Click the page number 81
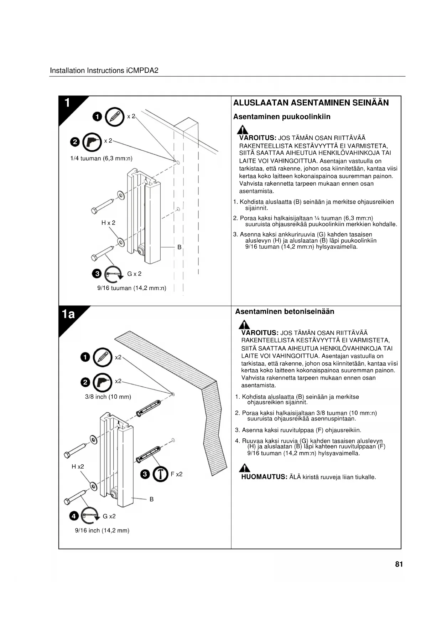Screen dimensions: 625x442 click(399, 564)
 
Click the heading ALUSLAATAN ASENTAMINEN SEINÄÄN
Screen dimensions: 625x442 click(311, 103)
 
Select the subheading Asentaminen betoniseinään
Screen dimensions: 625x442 click(285, 311)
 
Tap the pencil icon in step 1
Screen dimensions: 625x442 click(115, 117)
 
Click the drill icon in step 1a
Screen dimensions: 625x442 click(102, 382)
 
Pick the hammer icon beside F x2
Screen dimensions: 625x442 click(160, 474)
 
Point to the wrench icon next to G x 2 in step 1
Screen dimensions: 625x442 click(113, 274)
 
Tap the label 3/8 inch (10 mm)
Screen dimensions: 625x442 click(108, 397)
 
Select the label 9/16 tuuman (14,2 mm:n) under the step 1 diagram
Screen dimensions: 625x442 click(132, 288)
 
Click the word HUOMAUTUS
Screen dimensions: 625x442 click(264, 477)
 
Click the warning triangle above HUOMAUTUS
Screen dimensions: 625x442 click(244, 468)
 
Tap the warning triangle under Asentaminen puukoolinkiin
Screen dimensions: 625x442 click(243, 130)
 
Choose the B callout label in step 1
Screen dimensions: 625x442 click(180, 247)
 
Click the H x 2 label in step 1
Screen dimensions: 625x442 click(108, 223)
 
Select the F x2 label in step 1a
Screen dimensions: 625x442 click(177, 474)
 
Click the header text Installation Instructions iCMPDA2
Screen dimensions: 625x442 click(104, 71)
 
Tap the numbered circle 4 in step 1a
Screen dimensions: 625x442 click(74, 516)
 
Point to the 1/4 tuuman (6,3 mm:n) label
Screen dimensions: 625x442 click(101, 158)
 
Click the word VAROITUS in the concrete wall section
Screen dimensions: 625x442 click(259, 332)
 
